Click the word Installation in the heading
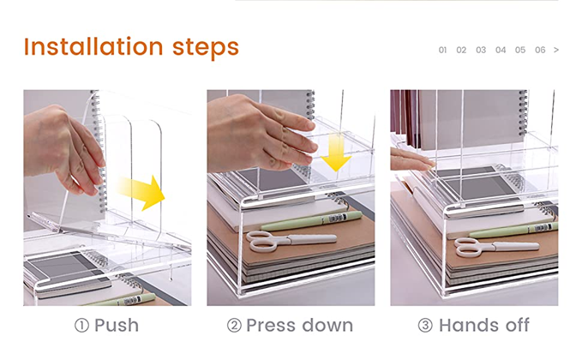(x=93, y=47)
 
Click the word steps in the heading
(x=206, y=48)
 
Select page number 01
(x=442, y=50)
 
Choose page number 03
(x=481, y=50)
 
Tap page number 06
(x=540, y=50)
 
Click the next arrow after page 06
(x=556, y=50)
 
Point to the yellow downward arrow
(x=336, y=153)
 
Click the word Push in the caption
(x=117, y=326)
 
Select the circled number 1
(x=81, y=326)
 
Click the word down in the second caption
(x=327, y=326)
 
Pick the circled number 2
(x=234, y=326)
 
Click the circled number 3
(x=425, y=326)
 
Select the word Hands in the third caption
(x=469, y=326)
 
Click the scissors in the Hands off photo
(x=496, y=247)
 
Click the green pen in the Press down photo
(x=311, y=221)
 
